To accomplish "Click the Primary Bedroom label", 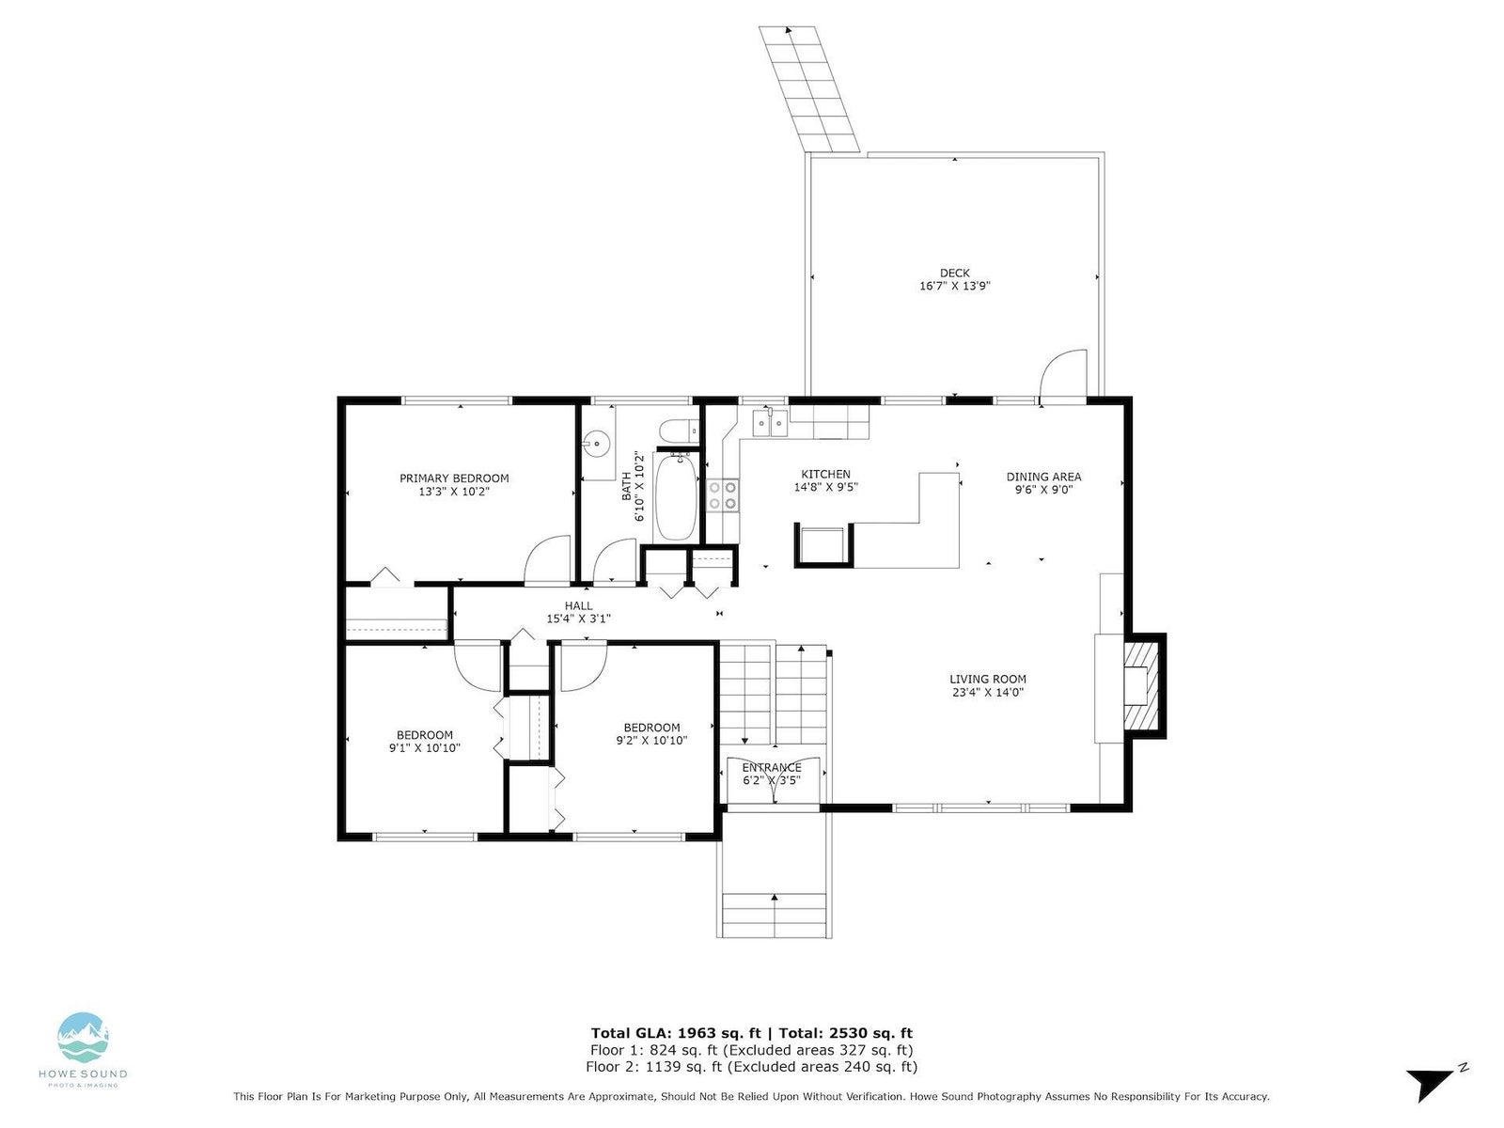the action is pos(454,478).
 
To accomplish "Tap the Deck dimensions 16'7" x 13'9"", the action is pos(954,286).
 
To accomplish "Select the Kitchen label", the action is pos(825,474).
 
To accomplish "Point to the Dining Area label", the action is pos(1043,477).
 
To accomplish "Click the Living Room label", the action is pos(987,680).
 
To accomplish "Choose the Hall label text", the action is pos(578,605).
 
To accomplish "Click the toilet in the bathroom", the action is pos(679,431).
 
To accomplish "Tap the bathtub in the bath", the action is pos(676,496).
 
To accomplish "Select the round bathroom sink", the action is pos(599,444).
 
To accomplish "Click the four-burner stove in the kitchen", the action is pos(723,495).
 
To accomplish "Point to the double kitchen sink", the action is pos(771,423).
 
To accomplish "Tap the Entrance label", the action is pos(772,767).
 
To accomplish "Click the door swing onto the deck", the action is pos(1063,373).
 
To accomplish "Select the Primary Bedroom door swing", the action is pos(547,560).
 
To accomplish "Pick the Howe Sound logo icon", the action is pos(83,1038).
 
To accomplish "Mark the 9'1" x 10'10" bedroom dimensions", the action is pos(425,748).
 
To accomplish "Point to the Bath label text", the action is pos(626,486).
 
